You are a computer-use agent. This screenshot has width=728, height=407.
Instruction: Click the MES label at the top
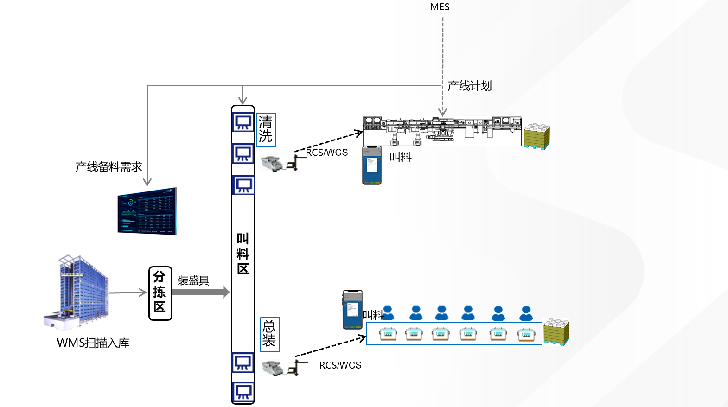[440, 7]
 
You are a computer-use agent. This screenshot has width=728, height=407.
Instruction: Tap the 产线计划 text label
[469, 86]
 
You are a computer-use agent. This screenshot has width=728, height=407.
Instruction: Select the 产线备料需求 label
[109, 167]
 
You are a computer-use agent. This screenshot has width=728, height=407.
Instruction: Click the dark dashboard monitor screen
[147, 211]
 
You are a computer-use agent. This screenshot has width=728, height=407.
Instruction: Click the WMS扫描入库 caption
[93, 343]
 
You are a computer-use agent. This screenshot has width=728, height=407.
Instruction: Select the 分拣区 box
[160, 293]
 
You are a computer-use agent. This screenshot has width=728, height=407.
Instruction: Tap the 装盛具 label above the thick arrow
[193, 280]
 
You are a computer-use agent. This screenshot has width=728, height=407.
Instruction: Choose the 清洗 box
[266, 130]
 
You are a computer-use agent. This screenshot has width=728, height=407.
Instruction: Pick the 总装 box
[270, 334]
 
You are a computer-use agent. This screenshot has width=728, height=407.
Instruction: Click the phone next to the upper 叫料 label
[372, 165]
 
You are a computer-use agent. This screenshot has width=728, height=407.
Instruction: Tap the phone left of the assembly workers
[352, 310]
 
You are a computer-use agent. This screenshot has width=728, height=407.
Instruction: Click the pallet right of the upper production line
[537, 136]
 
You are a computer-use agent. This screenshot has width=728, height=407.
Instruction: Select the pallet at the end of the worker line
[556, 331]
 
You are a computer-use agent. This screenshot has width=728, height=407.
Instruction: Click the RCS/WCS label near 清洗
[327, 153]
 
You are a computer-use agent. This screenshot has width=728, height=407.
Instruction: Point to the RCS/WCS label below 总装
[340, 365]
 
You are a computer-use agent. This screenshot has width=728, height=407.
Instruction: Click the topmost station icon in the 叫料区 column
[243, 122]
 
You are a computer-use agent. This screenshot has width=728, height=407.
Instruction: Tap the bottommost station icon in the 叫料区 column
[243, 392]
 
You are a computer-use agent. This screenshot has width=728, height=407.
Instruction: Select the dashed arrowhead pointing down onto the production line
[442, 112]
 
